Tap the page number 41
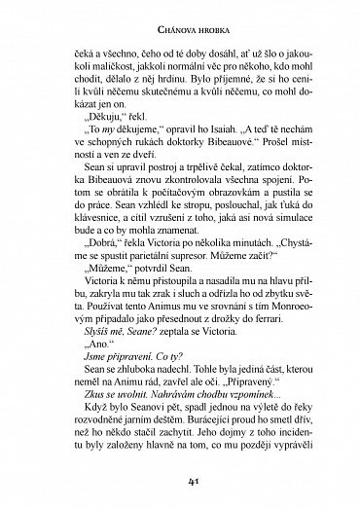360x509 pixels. tap(180, 480)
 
